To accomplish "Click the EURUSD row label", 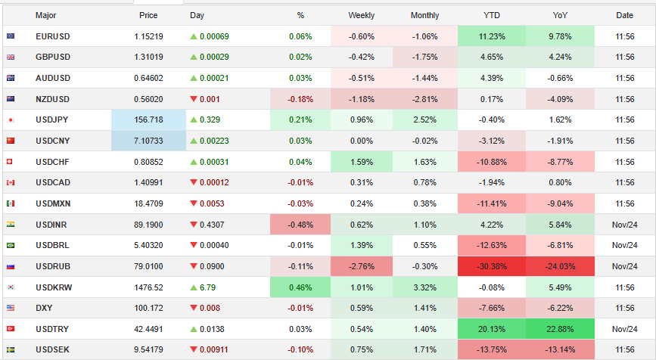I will (x=52, y=36).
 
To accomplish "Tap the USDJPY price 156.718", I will (x=148, y=120).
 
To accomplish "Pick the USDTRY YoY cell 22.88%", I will (x=560, y=330).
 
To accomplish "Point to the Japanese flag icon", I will (x=11, y=120).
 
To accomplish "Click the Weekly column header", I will (x=361, y=15).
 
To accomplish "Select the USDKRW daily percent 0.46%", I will (x=300, y=288).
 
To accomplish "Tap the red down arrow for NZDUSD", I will (x=194, y=99).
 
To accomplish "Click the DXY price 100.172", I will (x=148, y=309).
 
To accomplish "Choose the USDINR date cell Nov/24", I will (x=624, y=225).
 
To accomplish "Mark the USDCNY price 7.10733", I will (x=148, y=141).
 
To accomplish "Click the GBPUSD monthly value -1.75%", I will (x=424, y=57).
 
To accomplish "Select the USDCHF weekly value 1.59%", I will (x=361, y=162).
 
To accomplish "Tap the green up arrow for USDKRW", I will (x=194, y=288).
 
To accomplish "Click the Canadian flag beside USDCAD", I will (x=11, y=183).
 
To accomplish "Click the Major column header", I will (x=45, y=15).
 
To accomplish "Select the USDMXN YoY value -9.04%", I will (x=560, y=204).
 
